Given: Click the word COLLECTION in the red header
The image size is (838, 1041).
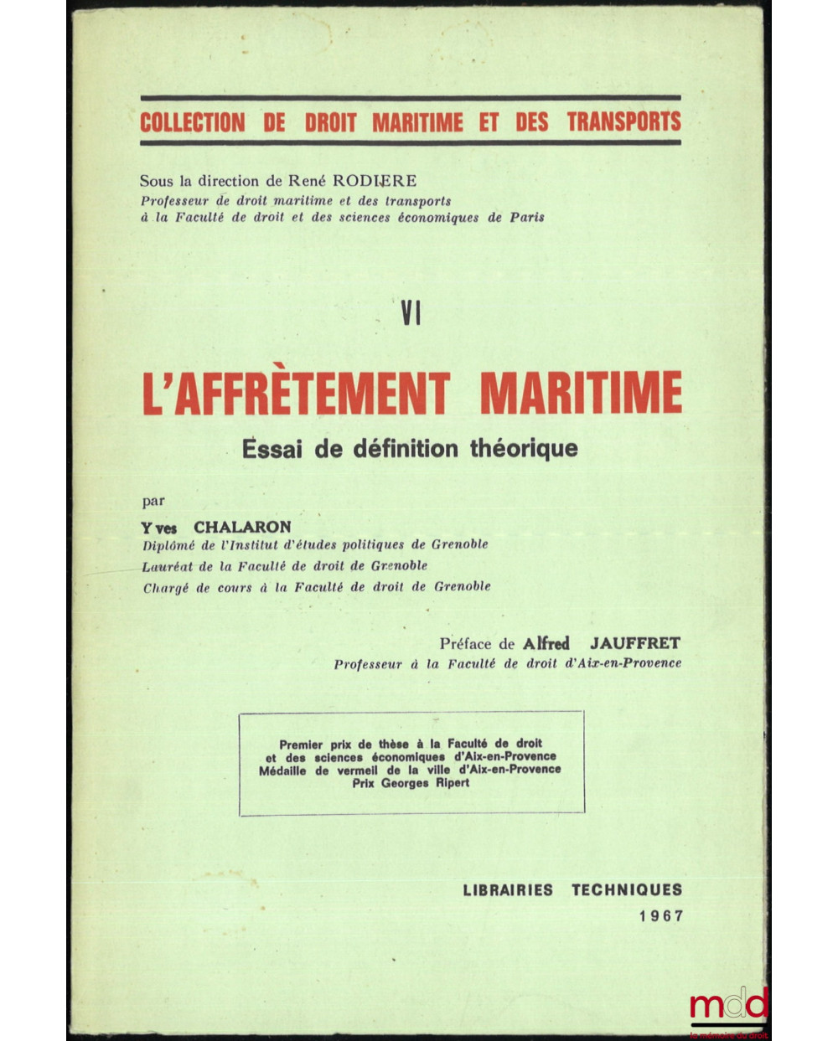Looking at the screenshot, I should [192, 122].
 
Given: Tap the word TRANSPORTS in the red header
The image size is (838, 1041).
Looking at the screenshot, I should [623, 122].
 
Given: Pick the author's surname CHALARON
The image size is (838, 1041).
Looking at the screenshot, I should [242, 526].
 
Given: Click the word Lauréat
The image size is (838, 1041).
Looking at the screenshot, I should [168, 566].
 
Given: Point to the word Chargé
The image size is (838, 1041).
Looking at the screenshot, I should [166, 587].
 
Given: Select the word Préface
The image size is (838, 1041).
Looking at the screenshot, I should [466, 643].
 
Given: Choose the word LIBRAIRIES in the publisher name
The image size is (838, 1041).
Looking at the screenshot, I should [507, 889].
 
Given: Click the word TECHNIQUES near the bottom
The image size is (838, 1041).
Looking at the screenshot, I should [627, 889].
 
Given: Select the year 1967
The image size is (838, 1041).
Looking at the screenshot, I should [660, 916].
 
